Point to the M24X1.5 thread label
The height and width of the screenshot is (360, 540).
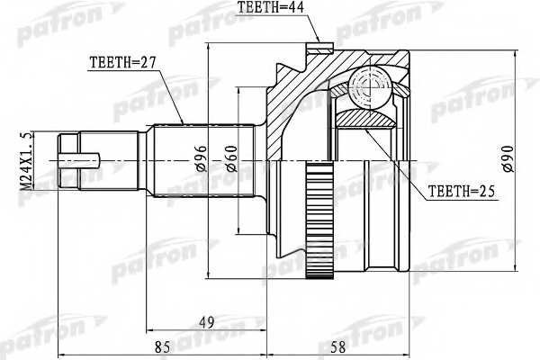25,166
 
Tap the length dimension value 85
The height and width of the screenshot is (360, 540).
163,343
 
